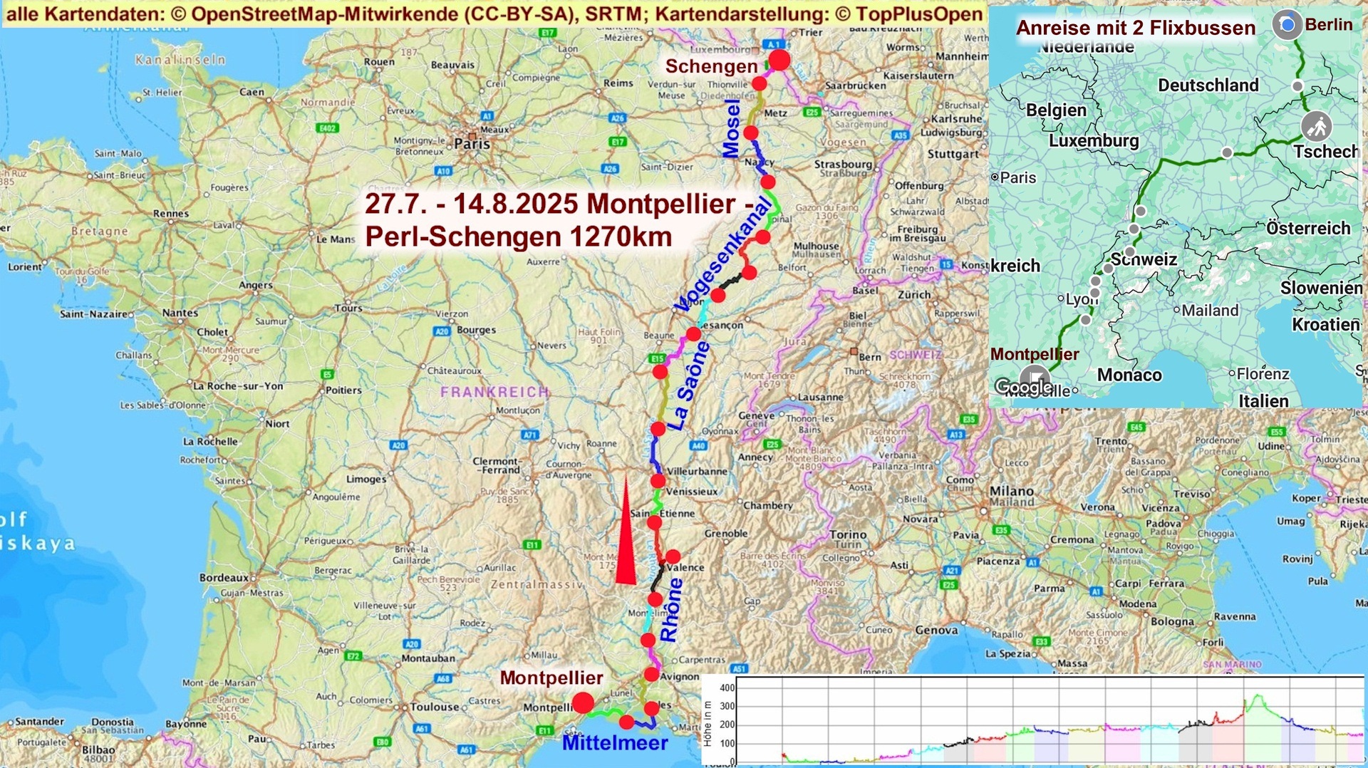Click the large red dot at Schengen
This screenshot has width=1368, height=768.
779,60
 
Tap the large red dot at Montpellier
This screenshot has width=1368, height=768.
583,703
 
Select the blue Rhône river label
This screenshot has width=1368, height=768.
671,610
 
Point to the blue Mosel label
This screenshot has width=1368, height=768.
732,129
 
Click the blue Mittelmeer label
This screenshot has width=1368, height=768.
615,743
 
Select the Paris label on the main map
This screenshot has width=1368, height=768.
472,144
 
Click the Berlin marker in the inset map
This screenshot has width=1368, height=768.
1287,25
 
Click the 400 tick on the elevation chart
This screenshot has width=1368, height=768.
727,687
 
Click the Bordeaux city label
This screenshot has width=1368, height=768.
224,578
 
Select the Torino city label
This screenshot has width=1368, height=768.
848,534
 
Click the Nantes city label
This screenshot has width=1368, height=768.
180,313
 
